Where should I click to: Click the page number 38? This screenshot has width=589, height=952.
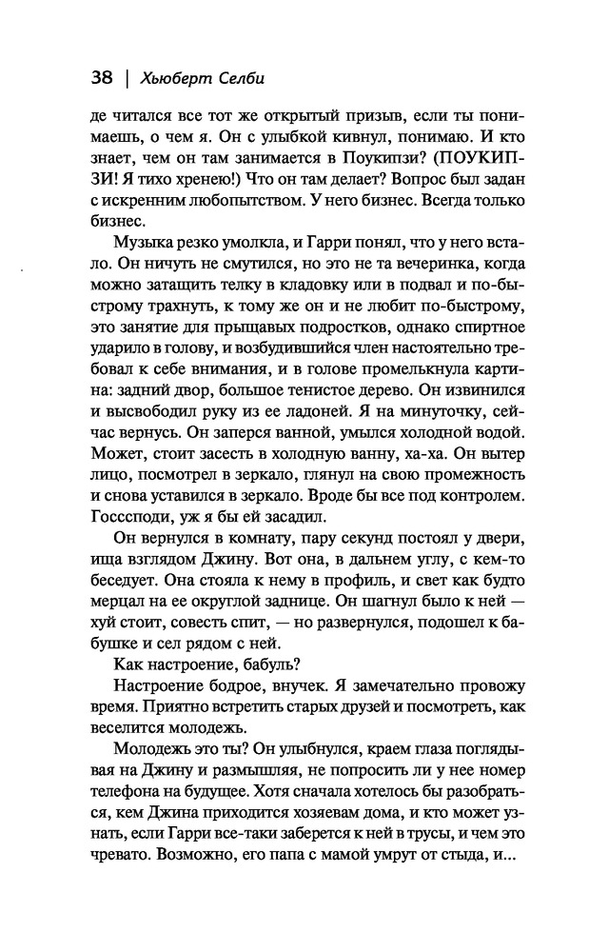coord(101,77)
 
